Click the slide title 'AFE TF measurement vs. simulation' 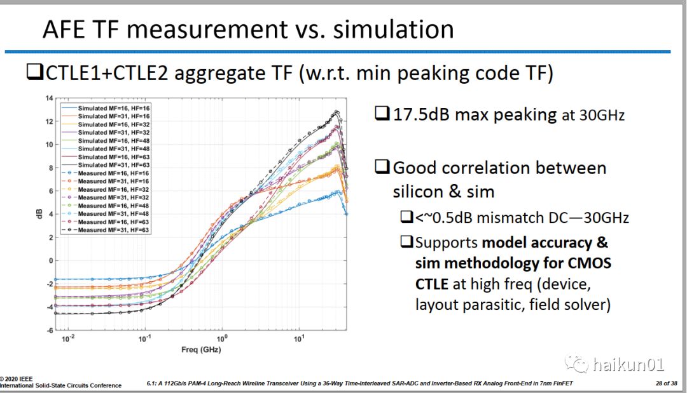247,29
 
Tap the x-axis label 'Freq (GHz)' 201,350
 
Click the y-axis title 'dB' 39,215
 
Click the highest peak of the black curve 337,112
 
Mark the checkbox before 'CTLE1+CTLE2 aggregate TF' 34,74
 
